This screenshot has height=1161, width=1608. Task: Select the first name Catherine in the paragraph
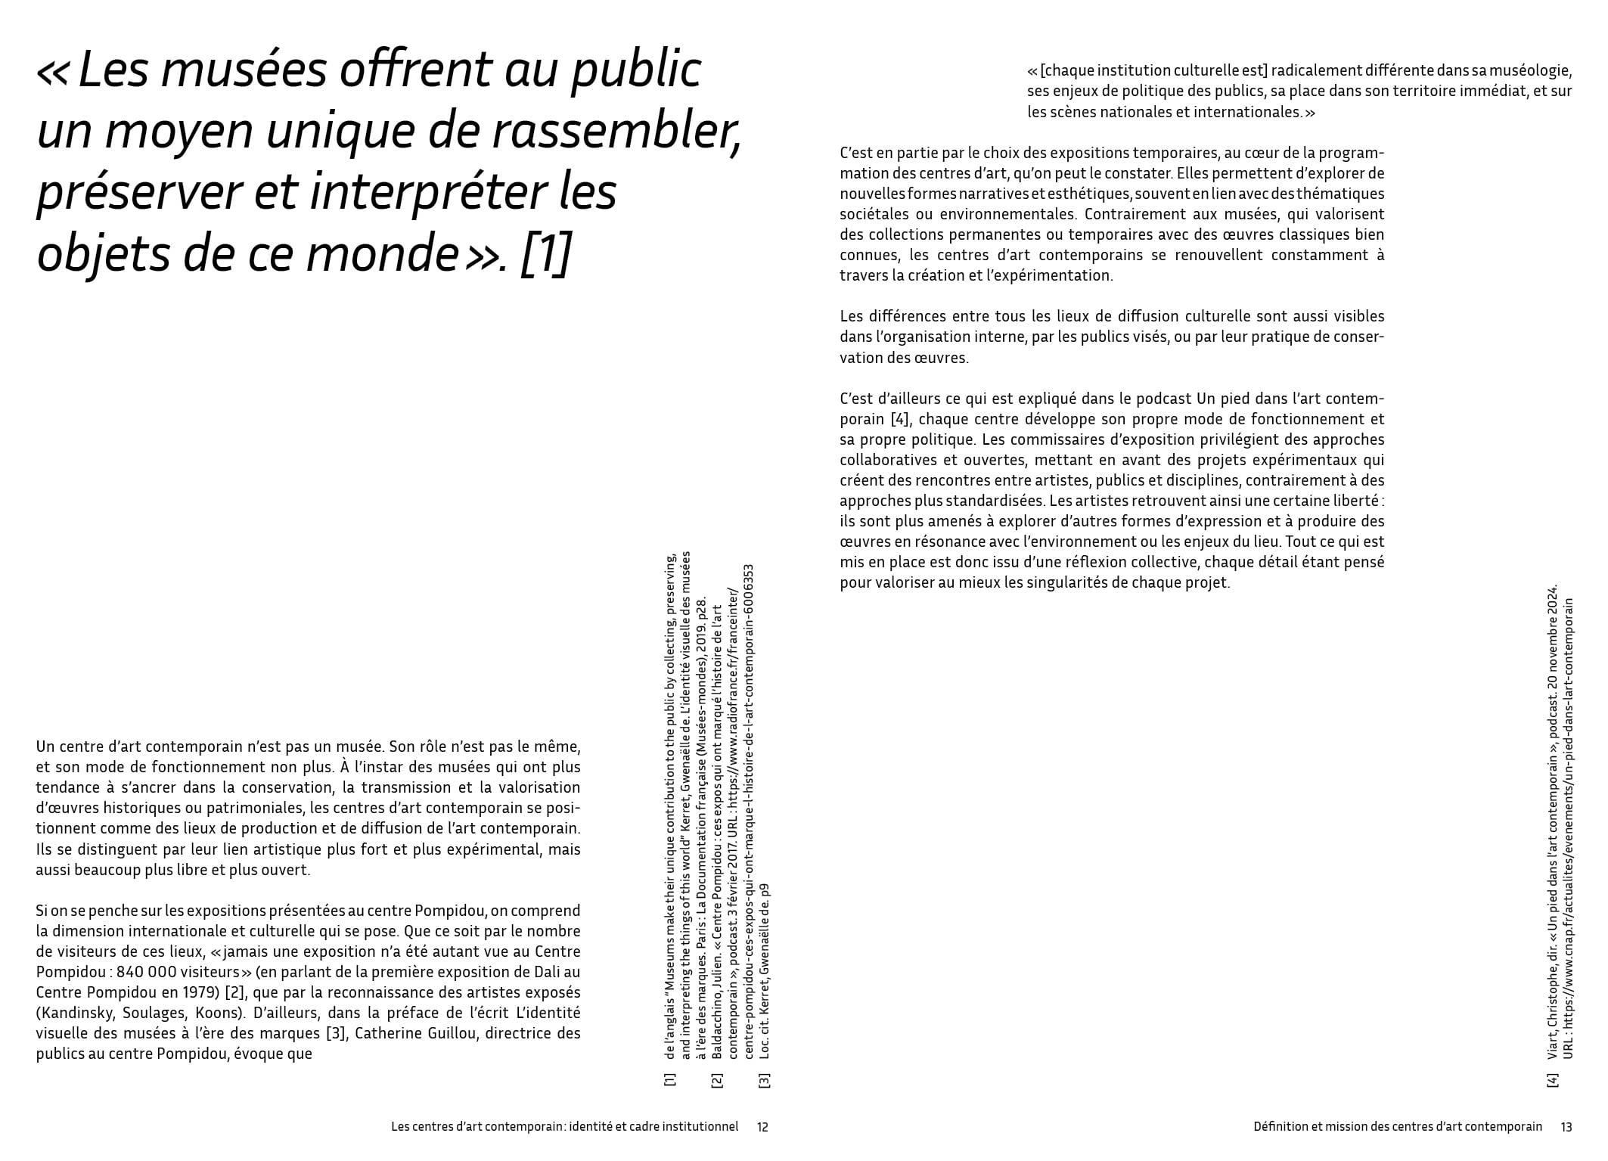[391, 1032]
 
